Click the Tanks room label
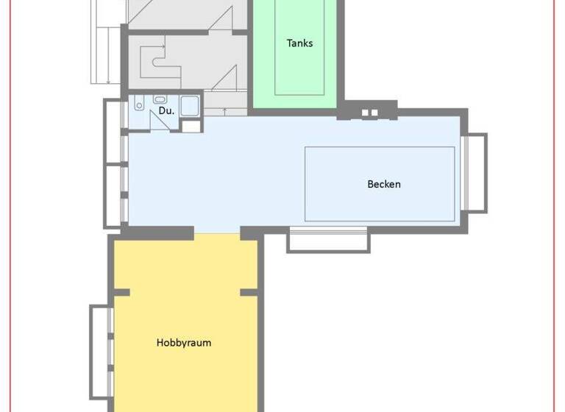point(299,43)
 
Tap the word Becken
point(384,184)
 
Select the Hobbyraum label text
point(184,342)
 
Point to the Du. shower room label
point(166,111)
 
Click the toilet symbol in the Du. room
point(140,104)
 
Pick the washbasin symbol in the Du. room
point(160,99)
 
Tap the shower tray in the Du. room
point(190,106)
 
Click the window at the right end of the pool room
point(477,173)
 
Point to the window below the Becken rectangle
point(327,240)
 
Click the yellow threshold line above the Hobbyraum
point(217,234)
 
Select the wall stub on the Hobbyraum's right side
point(250,292)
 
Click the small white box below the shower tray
point(191,126)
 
